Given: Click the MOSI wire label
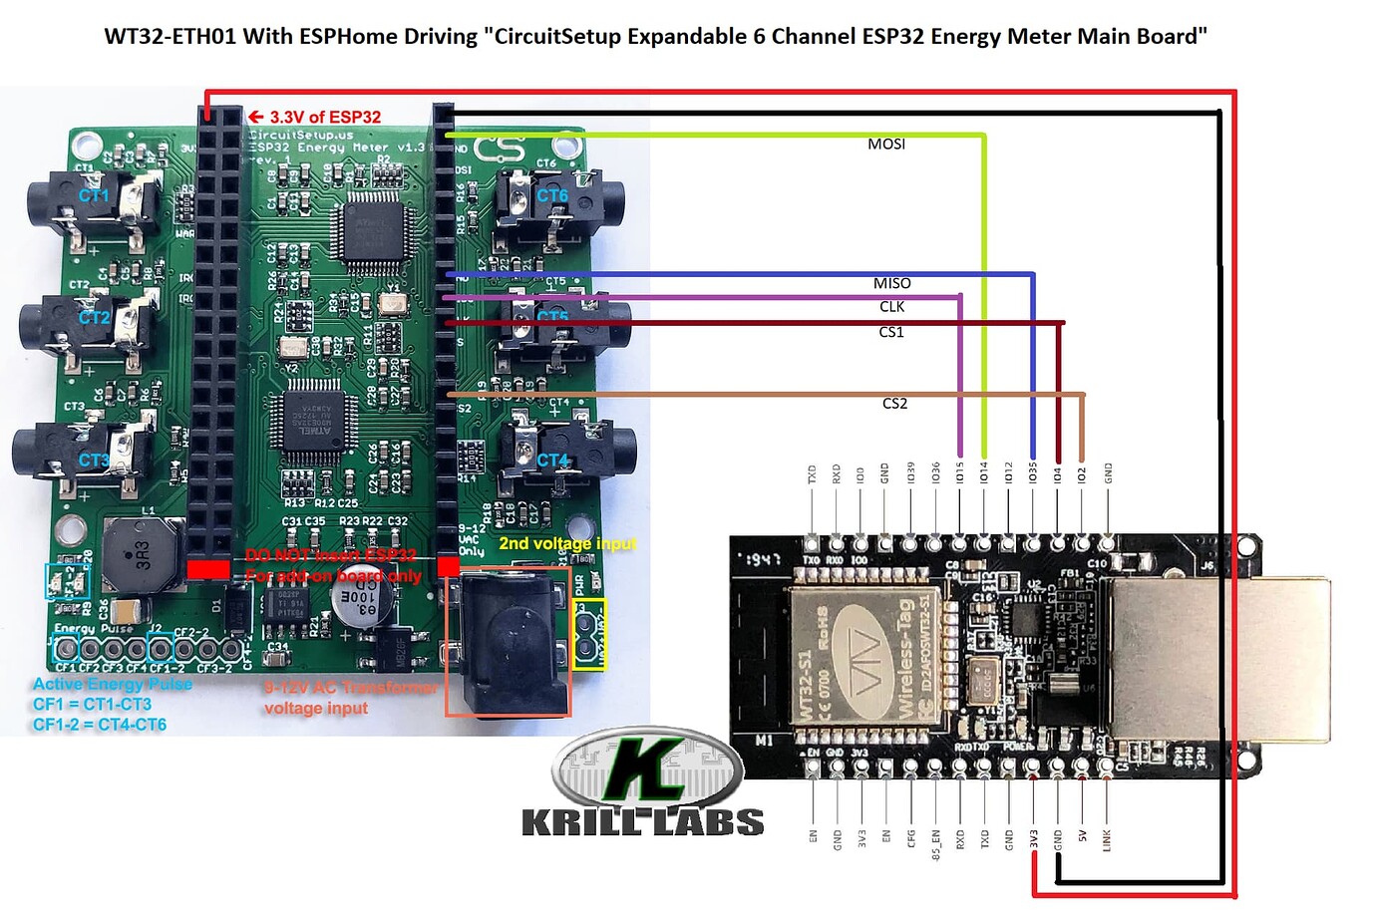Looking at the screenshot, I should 885,145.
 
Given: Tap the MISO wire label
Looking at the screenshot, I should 891,284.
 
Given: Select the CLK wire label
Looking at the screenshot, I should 891,307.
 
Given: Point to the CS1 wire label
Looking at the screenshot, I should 890,332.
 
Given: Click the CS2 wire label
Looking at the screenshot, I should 894,404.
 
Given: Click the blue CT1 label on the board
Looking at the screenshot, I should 94,195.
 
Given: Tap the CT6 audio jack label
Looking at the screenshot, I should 551,195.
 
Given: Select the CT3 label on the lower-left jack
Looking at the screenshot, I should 94,461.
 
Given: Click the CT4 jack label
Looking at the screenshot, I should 552,461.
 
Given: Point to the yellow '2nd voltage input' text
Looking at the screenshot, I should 566,543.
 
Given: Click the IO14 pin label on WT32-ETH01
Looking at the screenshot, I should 984,471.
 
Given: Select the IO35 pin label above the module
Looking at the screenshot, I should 1033,471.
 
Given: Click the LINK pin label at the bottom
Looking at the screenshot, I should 1107,839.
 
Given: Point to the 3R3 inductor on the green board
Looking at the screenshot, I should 142,555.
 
